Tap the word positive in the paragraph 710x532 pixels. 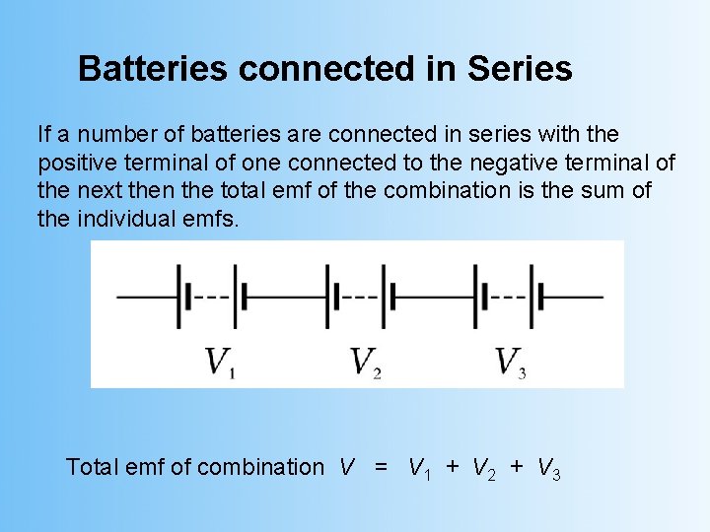coord(73,162)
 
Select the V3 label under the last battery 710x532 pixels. coord(510,363)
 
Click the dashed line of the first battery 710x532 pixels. coord(210,295)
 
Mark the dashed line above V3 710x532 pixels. coord(507,295)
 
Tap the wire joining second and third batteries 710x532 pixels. coord(434,295)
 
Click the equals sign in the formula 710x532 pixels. coord(381,467)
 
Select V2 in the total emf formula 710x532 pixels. coord(486,469)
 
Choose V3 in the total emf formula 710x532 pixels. coord(549,469)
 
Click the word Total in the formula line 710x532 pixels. coord(92,467)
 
